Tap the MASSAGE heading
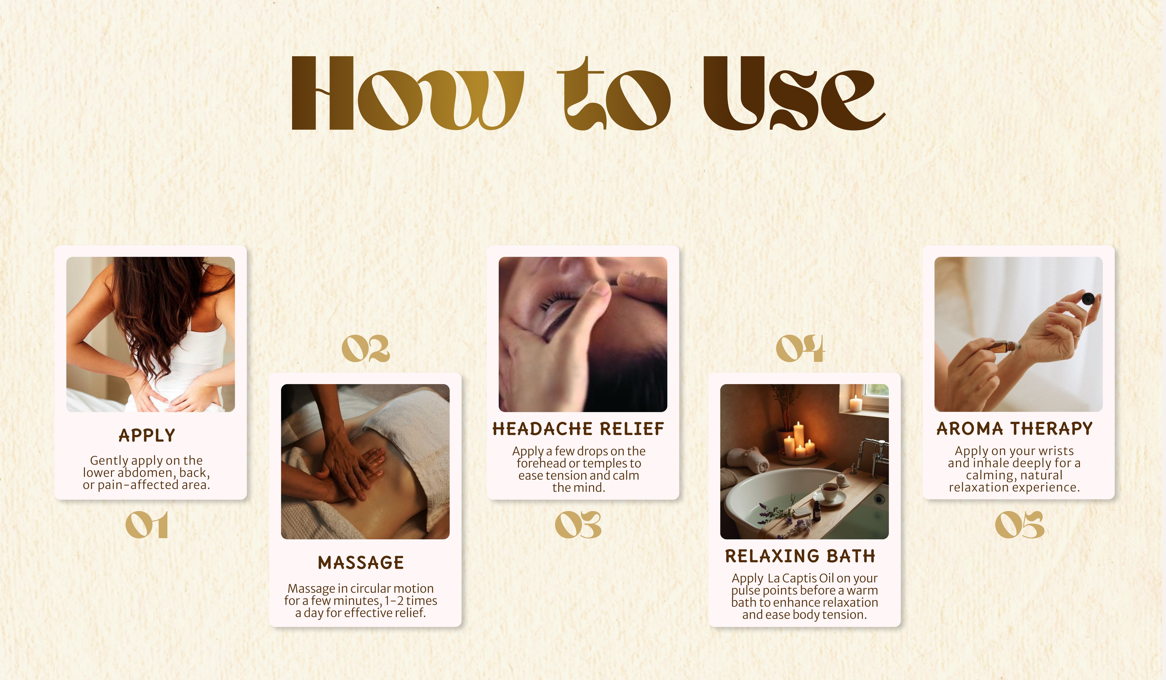tap(361, 562)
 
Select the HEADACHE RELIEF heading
tap(578, 429)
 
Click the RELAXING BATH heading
tap(800, 556)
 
